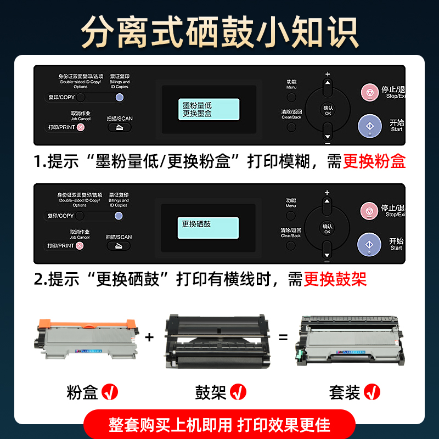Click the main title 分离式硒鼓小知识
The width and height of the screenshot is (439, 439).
click(219, 32)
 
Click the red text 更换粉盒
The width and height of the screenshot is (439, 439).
click(374, 161)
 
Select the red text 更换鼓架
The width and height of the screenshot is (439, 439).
click(335, 279)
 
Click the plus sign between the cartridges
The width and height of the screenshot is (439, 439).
click(149, 337)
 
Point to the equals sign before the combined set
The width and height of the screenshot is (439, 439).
click(283, 337)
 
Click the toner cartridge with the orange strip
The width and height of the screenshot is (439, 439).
click(86, 340)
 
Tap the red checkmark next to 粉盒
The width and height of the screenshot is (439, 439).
click(110, 392)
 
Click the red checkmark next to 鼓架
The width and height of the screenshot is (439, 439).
click(238, 392)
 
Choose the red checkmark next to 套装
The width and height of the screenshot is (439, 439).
click(372, 392)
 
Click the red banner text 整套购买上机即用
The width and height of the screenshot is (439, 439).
click(171, 425)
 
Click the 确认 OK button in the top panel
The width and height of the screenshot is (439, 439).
click(328, 110)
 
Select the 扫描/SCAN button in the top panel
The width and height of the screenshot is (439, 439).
click(119, 127)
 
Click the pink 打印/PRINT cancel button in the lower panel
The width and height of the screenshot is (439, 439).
click(80, 245)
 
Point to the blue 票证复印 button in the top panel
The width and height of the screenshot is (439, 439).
click(119, 97)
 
